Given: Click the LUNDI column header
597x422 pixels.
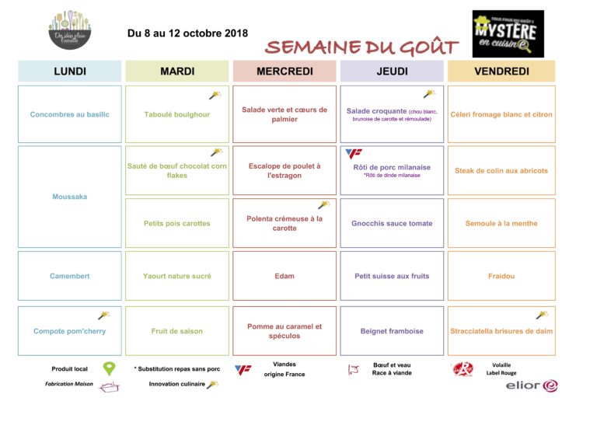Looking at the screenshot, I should tap(70, 71).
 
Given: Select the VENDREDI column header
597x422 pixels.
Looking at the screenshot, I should tap(501, 71).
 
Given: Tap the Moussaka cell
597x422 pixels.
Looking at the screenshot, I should tap(70, 197).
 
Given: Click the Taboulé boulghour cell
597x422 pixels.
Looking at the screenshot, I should tap(177, 114).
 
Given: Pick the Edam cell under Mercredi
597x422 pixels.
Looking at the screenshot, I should tap(285, 276).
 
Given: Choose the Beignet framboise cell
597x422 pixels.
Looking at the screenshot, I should tap(392, 331).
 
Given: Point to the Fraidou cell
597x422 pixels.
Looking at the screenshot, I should tap(501, 276).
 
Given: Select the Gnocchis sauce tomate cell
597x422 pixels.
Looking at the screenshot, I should tap(392, 223).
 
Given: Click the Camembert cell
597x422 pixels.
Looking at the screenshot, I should tap(70, 276).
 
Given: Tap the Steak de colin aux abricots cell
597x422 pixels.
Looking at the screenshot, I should tap(501, 170).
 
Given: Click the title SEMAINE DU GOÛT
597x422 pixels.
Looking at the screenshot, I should tap(361, 47).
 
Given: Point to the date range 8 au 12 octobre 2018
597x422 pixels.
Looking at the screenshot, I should tap(187, 33).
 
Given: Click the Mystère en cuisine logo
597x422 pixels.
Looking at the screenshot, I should tap(508, 33).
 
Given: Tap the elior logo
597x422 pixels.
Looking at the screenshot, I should tap(532, 385).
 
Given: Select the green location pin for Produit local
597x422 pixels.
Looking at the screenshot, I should tap(109, 369).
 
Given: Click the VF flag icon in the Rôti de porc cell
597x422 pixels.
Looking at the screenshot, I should tap(354, 154).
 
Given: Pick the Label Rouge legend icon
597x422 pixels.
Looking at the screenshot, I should tap(463, 369).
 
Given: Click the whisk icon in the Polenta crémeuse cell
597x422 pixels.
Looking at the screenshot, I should tap(323, 205).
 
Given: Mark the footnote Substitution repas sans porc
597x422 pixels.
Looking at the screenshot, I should tap(178, 368).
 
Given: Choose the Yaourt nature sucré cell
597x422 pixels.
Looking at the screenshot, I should tap(177, 276).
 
